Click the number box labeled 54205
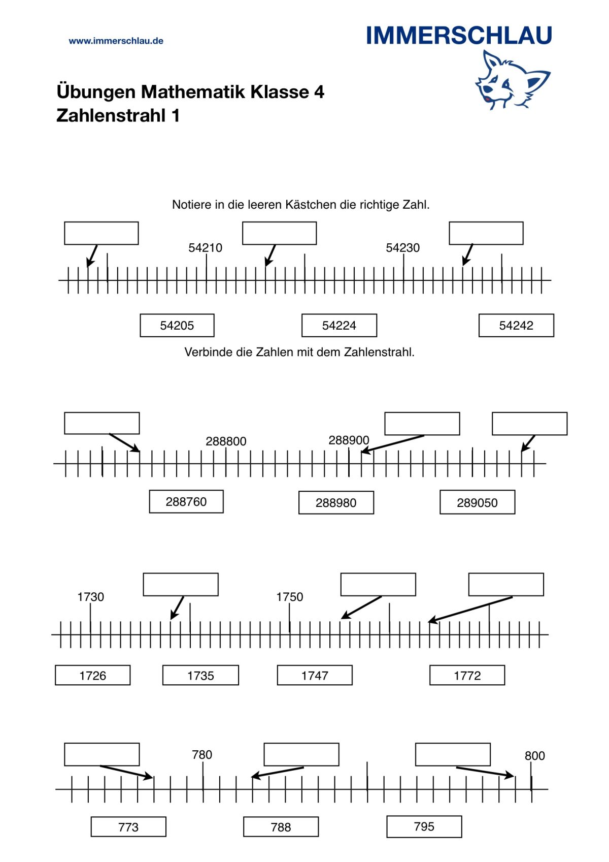point(177,325)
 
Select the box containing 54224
point(339,325)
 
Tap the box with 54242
point(516,325)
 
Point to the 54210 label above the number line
point(206,247)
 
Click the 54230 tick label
point(402,247)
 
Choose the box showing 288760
point(186,501)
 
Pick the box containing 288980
point(336,502)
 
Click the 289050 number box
point(477,502)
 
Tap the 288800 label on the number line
point(226,441)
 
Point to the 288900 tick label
point(349,440)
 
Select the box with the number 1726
point(93,675)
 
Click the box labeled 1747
point(315,675)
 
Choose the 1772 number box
point(467,675)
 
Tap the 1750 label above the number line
point(289,597)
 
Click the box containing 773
point(128,826)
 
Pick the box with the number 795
point(424,826)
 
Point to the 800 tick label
point(534,756)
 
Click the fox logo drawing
point(513,80)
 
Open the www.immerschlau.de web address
point(116,41)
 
